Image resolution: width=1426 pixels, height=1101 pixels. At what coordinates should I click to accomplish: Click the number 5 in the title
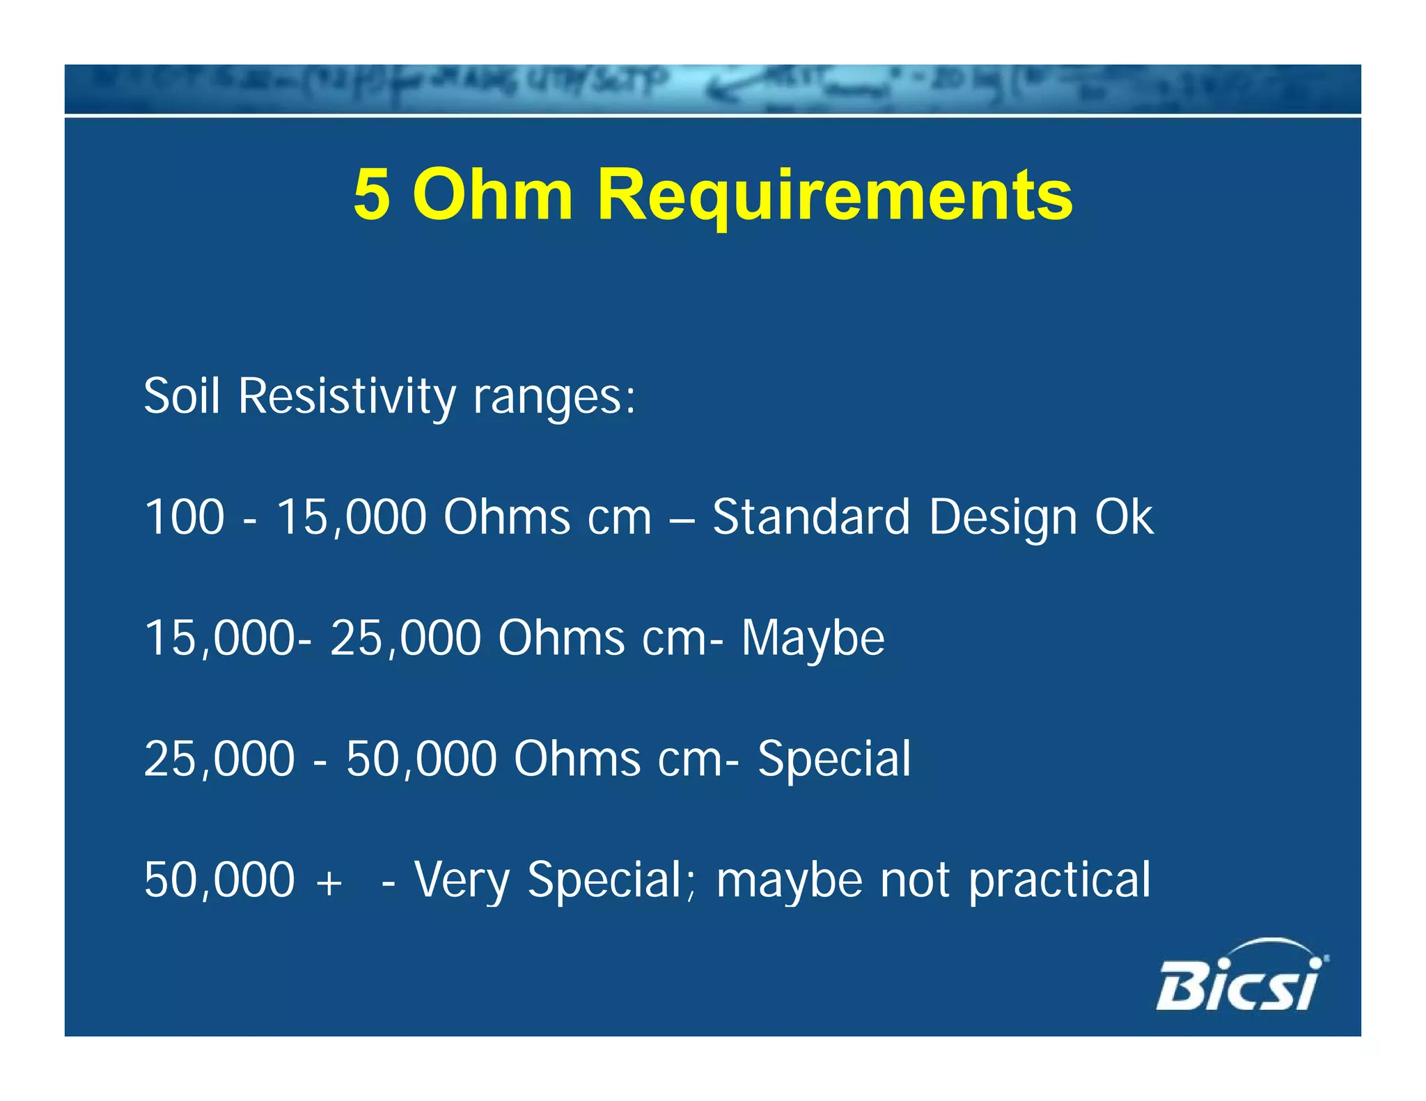[371, 195]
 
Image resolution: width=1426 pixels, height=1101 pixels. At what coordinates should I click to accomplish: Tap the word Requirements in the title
[835, 196]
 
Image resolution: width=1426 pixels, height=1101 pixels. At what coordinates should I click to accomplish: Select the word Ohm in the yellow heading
[493, 195]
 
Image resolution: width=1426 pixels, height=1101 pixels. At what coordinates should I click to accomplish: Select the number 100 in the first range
[185, 517]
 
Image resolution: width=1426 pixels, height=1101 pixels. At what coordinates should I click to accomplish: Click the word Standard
[811, 517]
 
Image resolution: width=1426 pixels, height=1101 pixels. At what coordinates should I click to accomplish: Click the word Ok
[1124, 517]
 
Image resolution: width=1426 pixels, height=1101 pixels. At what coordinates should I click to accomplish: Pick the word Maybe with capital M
[813, 639]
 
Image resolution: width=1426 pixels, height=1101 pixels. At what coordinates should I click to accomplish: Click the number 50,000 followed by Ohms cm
[421, 759]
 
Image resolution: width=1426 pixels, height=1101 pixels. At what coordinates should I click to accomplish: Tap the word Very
[462, 881]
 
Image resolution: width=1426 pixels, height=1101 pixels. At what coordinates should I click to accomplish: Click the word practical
[1060, 881]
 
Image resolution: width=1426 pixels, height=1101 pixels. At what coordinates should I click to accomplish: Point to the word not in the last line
[915, 881]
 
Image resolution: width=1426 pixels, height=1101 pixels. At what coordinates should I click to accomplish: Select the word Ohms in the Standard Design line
[507, 517]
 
